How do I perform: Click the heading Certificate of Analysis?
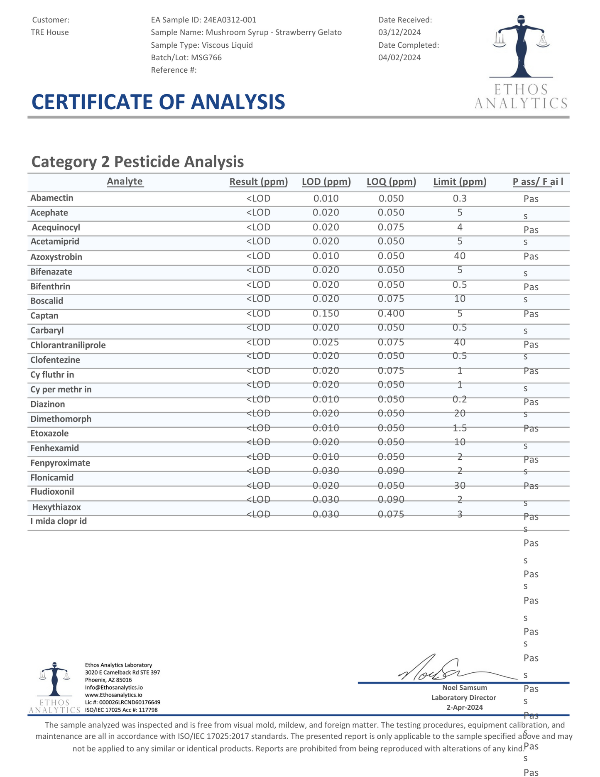click(158, 102)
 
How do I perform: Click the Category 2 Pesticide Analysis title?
click(137, 162)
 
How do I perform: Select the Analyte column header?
click(125, 181)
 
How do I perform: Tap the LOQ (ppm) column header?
click(391, 182)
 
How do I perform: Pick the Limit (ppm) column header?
click(460, 182)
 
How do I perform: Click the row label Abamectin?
click(52, 198)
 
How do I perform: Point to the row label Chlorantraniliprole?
click(68, 346)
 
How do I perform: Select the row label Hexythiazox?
click(56, 507)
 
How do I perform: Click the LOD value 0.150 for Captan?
click(326, 314)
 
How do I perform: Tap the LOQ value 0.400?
click(391, 314)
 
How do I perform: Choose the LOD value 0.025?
click(326, 342)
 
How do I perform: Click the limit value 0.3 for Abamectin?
click(460, 199)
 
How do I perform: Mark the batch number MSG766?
click(206, 58)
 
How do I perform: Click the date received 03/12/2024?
click(399, 32)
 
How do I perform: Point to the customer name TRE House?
click(50, 32)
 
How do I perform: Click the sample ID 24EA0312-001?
click(230, 20)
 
